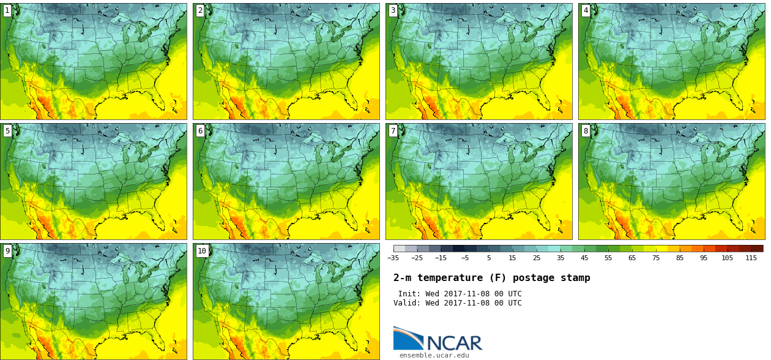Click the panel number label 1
pos(7,10)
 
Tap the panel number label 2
pos(200,10)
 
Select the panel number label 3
pos(393,10)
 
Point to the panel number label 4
pos(586,10)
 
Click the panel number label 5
pos(7,130)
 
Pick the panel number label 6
pos(200,130)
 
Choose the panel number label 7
pos(393,130)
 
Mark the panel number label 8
pos(586,130)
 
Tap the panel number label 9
pos(7,250)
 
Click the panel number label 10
pos(202,250)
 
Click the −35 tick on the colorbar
pos(393,258)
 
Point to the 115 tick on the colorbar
pos(751,258)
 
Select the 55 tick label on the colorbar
pos(608,258)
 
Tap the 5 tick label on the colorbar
pos(489,258)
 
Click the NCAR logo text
pos(454,343)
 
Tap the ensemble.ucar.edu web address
pos(434,355)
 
